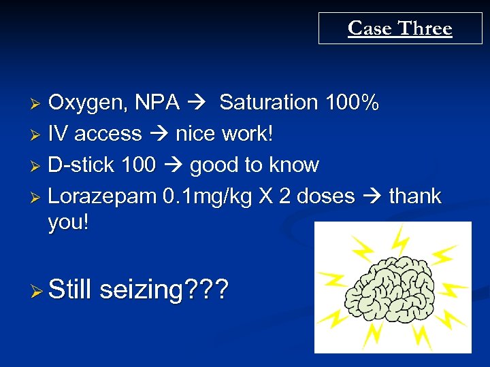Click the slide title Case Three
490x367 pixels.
tap(399, 29)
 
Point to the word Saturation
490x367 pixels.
tap(269, 103)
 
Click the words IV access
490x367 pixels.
tap(95, 134)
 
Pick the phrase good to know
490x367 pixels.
tap(255, 165)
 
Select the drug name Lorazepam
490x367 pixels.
tap(102, 196)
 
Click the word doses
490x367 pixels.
tap(325, 196)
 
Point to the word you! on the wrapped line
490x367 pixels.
tap(68, 224)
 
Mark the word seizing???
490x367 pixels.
tap(164, 290)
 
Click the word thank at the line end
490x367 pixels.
tap(415, 196)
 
